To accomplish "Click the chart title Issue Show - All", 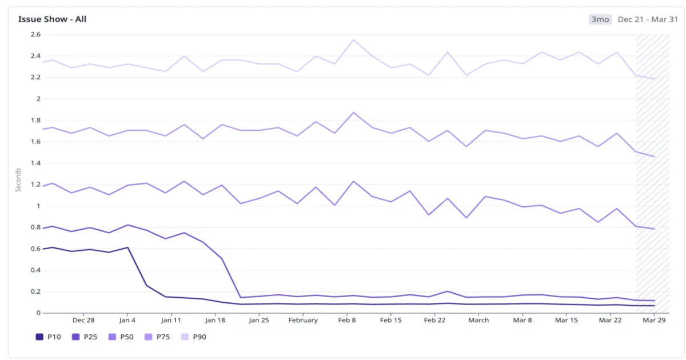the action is pyautogui.click(x=52, y=19).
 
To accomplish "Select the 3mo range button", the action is pyautogui.click(x=600, y=19).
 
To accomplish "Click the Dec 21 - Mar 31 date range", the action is pyautogui.click(x=647, y=19).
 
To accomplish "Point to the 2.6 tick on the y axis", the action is pyautogui.click(x=35, y=34).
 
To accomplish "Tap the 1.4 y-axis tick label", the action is pyautogui.click(x=35, y=163).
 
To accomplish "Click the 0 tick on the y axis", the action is pyautogui.click(x=39, y=313).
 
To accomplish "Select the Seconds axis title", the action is pyautogui.click(x=18, y=180).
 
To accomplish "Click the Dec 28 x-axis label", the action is pyautogui.click(x=83, y=320).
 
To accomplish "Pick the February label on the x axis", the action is pyautogui.click(x=303, y=320).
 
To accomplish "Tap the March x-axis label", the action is pyautogui.click(x=478, y=320).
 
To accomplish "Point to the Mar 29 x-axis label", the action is pyautogui.click(x=654, y=320).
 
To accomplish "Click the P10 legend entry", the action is pyautogui.click(x=49, y=337).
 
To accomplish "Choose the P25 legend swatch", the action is pyautogui.click(x=75, y=337).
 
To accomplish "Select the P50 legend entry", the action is pyautogui.click(x=121, y=337).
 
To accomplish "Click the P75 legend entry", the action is pyautogui.click(x=157, y=337).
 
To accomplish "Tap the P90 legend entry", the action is pyautogui.click(x=194, y=337).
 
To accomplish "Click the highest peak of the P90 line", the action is pyautogui.click(x=353, y=39).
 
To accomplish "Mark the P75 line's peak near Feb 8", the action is pyautogui.click(x=353, y=113).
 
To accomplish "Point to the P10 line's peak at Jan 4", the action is pyautogui.click(x=127, y=247).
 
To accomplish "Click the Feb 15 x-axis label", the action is pyautogui.click(x=390, y=320).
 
